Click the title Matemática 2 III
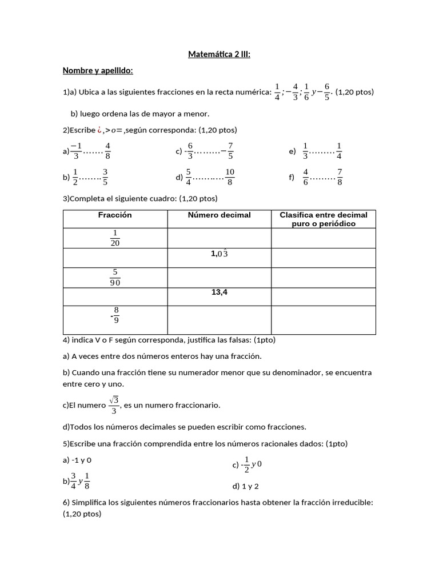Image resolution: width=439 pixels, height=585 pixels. point(219,55)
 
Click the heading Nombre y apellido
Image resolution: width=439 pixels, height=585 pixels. point(98,70)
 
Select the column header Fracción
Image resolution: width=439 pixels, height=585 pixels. point(115,215)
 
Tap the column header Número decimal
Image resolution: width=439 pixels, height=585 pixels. point(219,215)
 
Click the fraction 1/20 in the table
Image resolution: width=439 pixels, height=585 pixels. point(115,238)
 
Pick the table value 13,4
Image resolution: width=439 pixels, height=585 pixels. point(219,292)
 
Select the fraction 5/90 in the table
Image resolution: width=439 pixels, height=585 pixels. point(115,278)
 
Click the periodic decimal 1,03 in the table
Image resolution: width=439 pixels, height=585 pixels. point(219,254)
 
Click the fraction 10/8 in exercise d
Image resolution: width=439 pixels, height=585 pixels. point(229,177)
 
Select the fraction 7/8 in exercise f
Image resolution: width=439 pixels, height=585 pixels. point(340,177)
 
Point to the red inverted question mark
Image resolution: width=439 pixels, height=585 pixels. point(99,130)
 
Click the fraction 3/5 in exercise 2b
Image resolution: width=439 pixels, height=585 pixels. point(105,177)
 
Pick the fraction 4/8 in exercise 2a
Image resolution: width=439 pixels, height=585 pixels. point(108,151)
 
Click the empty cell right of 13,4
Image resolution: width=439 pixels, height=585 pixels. point(324,296)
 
